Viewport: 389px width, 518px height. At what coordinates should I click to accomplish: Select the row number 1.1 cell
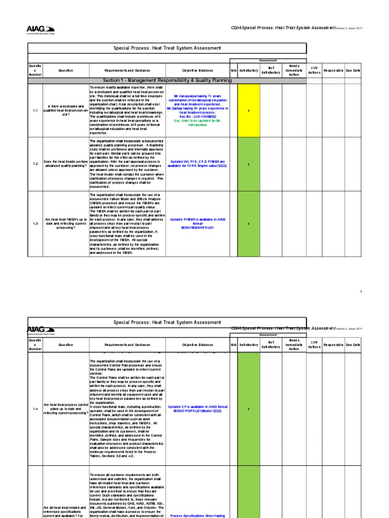(35, 110)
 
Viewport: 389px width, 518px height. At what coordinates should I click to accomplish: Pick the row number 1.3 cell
(35, 223)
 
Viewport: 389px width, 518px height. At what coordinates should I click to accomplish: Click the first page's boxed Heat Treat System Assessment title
(167, 48)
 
